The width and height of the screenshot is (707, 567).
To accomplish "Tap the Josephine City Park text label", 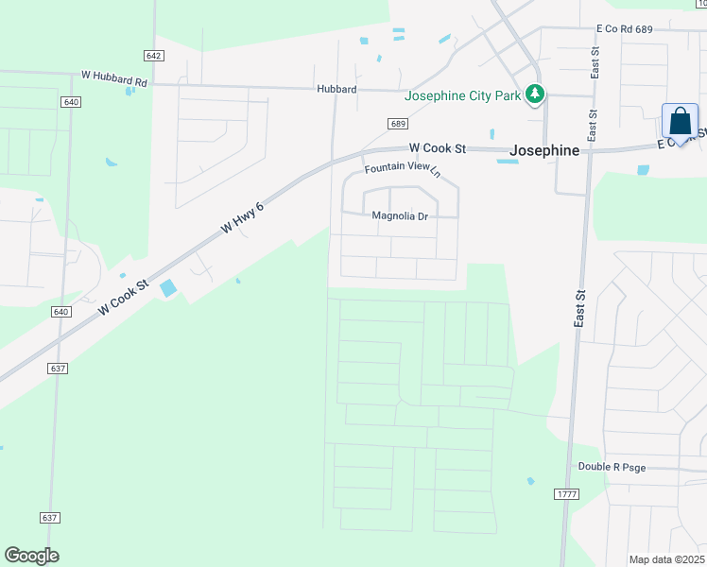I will [x=463, y=94].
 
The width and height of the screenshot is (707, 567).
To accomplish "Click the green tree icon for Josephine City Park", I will [x=536, y=94].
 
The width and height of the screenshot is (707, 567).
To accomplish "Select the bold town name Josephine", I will [x=543, y=149].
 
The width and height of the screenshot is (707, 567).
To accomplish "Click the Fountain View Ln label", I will [x=404, y=170].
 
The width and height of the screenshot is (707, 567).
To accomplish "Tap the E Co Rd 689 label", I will [x=624, y=30].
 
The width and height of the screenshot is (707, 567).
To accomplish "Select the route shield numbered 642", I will [x=155, y=56].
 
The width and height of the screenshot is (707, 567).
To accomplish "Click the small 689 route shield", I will [x=398, y=124].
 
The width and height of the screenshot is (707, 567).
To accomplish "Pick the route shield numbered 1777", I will [x=566, y=494].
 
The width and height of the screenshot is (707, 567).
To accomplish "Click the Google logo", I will [x=31, y=556].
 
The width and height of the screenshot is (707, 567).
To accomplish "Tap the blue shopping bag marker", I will [x=680, y=121].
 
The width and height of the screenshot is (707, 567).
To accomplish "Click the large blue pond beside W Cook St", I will [x=168, y=288].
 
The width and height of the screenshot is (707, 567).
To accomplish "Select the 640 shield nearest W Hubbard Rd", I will [x=71, y=101].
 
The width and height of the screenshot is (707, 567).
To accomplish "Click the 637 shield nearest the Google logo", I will [x=51, y=517].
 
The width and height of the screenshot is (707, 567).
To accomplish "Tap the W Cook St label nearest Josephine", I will [x=438, y=148].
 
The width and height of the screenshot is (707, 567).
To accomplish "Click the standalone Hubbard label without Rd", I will [x=336, y=90].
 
